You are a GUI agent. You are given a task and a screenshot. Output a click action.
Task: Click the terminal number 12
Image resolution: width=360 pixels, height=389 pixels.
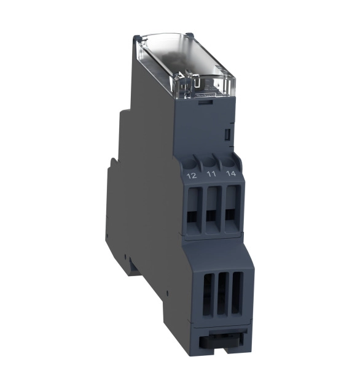point(192,175)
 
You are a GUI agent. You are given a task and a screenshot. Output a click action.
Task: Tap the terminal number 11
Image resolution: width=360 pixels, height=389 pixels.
point(211,174)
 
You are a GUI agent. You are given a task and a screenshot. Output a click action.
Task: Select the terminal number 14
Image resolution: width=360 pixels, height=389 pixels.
point(231,173)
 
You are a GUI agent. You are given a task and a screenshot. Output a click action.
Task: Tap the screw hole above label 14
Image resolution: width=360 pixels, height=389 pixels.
point(229,162)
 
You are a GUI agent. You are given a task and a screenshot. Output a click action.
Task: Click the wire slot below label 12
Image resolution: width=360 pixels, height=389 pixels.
point(193,210)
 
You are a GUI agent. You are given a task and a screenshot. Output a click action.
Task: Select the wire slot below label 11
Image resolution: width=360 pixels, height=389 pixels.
point(213,209)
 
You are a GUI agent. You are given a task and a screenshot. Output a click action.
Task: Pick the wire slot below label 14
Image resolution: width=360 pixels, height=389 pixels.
point(231,209)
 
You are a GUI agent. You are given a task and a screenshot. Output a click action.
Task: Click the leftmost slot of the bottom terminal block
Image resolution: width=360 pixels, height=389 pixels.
point(209,295)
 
